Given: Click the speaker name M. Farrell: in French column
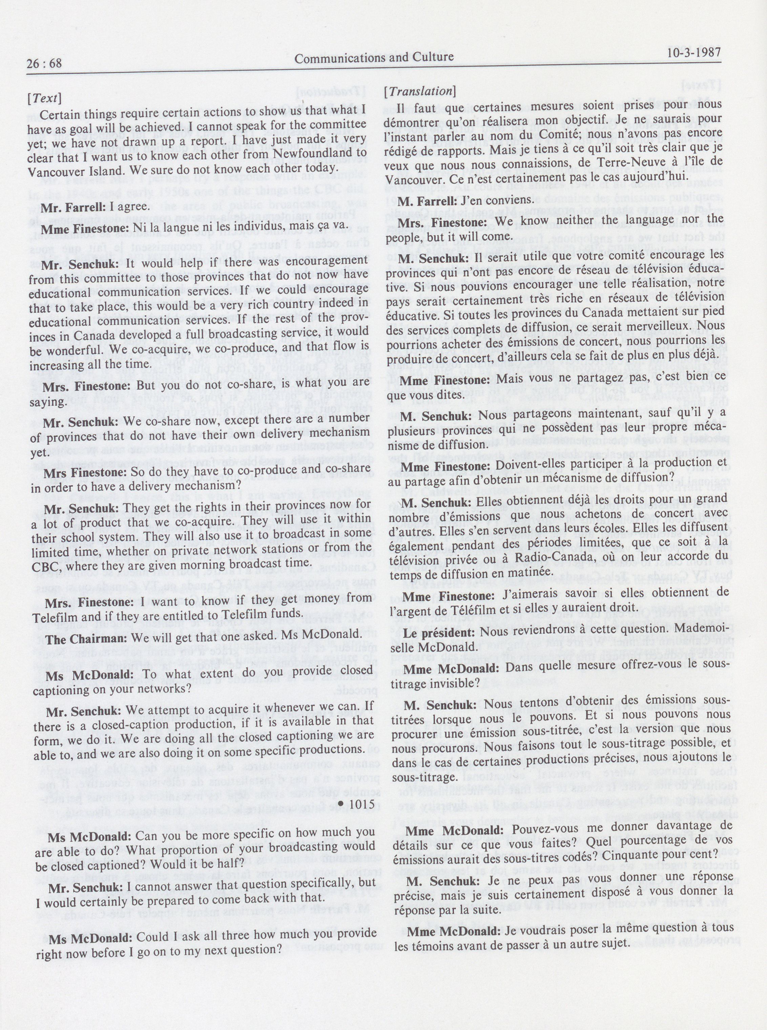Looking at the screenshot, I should (x=427, y=200).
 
